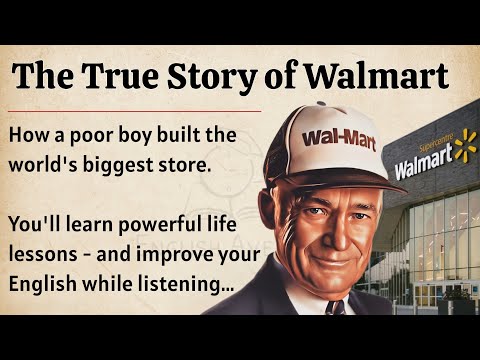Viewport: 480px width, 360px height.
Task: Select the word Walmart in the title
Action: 384,76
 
